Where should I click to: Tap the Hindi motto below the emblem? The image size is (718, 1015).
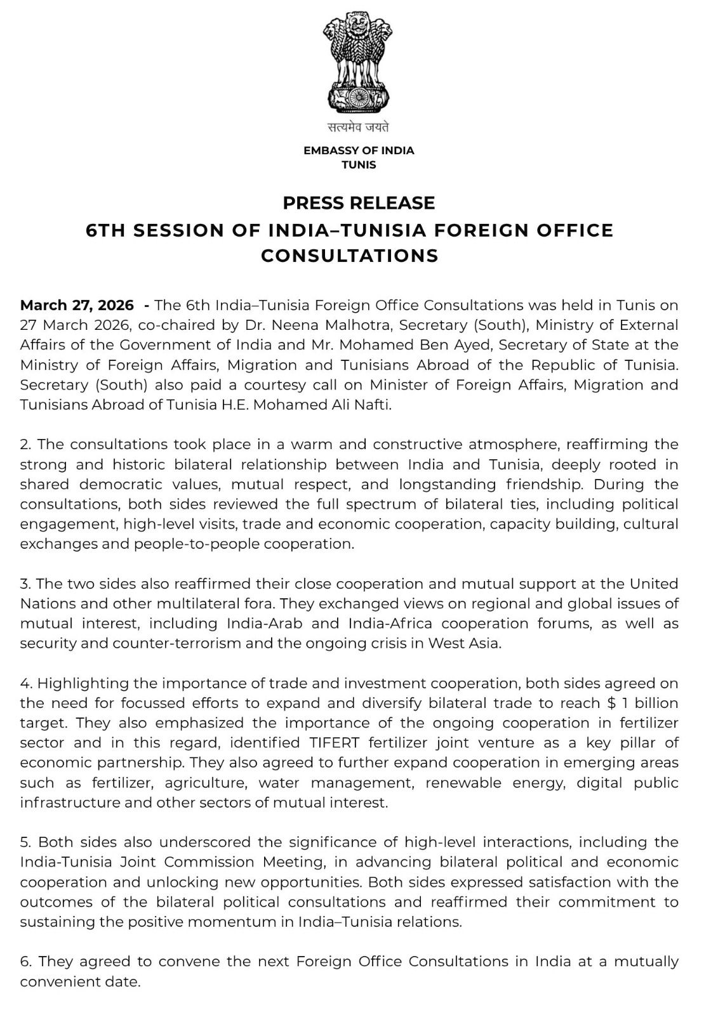(359, 127)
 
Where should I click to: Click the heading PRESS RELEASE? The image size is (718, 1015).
(359, 203)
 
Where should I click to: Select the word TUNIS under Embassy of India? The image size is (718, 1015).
(359, 165)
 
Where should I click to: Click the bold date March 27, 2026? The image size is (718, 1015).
(77, 305)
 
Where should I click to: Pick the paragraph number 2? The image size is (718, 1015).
(25, 444)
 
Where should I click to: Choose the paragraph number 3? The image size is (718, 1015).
(25, 584)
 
